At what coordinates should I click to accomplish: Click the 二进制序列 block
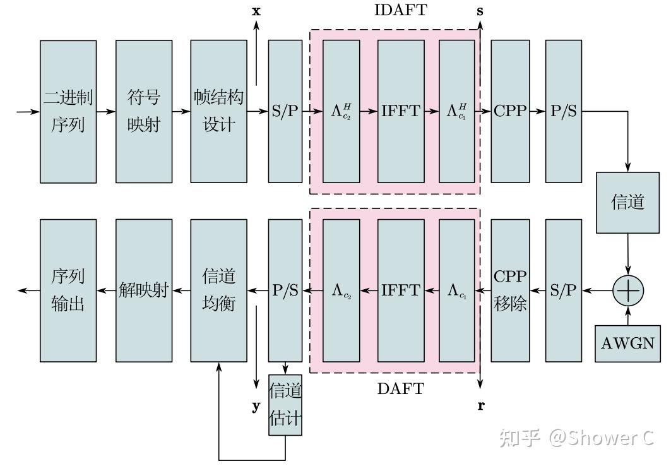pos(68,112)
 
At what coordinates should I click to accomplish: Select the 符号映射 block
pos(144,112)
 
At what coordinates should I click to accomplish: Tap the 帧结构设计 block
pos(218,112)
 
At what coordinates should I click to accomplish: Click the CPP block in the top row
pos(510,112)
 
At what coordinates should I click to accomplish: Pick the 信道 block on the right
pos(628,202)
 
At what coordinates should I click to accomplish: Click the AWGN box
pos(627,344)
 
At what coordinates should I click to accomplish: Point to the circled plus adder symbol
pos(628,290)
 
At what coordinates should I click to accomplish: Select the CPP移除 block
pos(510,290)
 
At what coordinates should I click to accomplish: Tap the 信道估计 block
pos(285,405)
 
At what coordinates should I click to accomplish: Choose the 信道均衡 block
pos(218,290)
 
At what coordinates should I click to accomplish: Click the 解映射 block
pos(144,290)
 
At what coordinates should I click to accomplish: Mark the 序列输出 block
pos(68,290)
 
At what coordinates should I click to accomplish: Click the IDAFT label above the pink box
pos(400,11)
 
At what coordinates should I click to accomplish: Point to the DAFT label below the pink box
pos(400,389)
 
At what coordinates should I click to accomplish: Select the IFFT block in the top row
pos(400,112)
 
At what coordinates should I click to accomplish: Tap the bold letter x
pos(256,11)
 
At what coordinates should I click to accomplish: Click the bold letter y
pos(256,407)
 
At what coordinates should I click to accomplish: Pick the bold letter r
pos(481,406)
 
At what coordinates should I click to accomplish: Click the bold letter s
pos(481,11)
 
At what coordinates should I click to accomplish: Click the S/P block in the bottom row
pos(563,290)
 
